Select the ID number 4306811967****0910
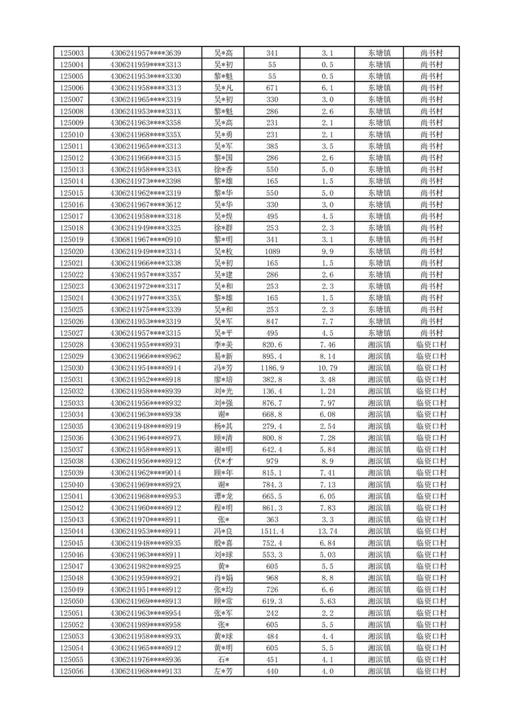pos(146,239)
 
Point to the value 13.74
pos(328,531)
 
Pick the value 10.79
pos(328,368)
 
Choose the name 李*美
pos(224,345)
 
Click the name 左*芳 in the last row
pos(224,671)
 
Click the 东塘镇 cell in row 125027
pos(379,333)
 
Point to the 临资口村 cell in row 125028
pos(431,345)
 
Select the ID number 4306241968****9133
pos(146,671)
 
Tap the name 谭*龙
pos(224,496)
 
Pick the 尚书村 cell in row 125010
pos(431,134)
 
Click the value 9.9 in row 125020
pos(328,251)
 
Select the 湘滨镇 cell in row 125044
pos(379,531)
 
